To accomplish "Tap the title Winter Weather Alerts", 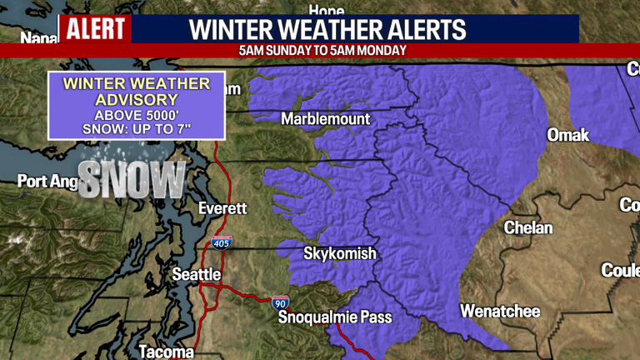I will pos(327,30).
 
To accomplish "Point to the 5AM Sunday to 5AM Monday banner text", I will pos(322,50).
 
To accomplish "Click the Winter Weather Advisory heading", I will pos(137,92).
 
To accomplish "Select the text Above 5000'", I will pos(137,115).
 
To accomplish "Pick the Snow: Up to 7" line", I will pos(137,130).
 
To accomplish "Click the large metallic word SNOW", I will pos(132,178).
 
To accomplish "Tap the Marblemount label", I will pos(325,119).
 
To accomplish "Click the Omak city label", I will pos(567,135).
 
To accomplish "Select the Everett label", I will pos(222,208).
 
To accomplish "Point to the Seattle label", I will pos(196,274).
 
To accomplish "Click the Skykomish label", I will pos(339,253).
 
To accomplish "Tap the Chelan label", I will pos(528,227).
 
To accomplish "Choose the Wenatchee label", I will pos(500,312).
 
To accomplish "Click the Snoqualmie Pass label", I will pos(334,317).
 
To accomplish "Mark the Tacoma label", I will pos(166,352).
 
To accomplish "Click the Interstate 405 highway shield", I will pos(221,243).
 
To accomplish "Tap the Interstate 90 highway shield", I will pos(281,302).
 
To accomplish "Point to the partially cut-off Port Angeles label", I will pos(46,181).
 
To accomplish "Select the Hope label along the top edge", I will pos(326,10).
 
